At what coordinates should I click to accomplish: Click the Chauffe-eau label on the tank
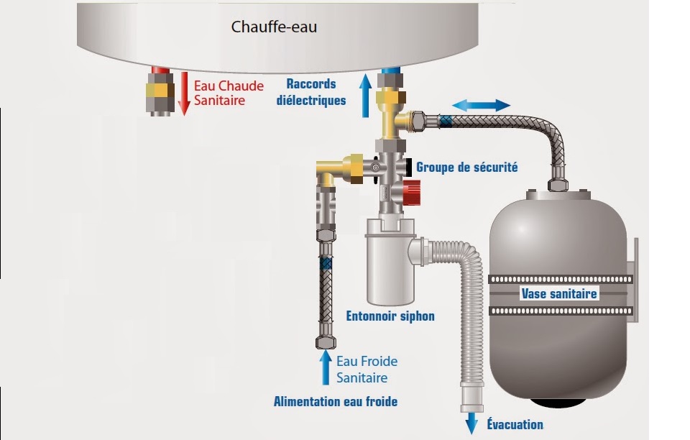274,27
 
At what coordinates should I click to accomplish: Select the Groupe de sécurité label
467,167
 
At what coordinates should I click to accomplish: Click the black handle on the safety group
409,167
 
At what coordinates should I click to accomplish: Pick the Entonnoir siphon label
390,316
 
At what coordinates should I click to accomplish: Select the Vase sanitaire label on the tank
559,293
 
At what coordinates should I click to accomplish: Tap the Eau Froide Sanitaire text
367,369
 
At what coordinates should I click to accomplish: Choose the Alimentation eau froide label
335,401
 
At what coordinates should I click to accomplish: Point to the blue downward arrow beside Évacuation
471,423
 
